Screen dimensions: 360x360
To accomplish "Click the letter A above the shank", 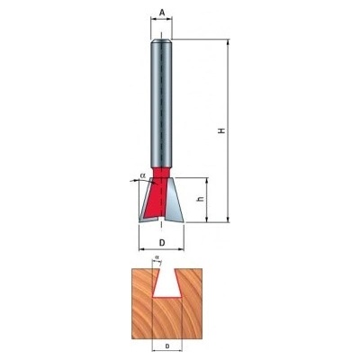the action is tap(162, 13).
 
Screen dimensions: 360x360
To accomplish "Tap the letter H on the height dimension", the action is tap(221, 130).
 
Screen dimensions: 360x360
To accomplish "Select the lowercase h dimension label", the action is tap(202, 199).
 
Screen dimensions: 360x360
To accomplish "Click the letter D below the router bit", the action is tap(162, 243).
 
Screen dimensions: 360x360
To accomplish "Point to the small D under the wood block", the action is tap(167, 346).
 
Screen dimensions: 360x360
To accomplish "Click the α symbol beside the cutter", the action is tap(142, 175).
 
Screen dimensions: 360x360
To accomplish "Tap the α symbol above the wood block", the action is tap(157, 257).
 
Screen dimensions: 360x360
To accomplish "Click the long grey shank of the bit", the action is tap(161, 103).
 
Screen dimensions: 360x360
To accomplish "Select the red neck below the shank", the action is tap(161, 172).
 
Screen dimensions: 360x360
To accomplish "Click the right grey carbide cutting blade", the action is tap(174, 201).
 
